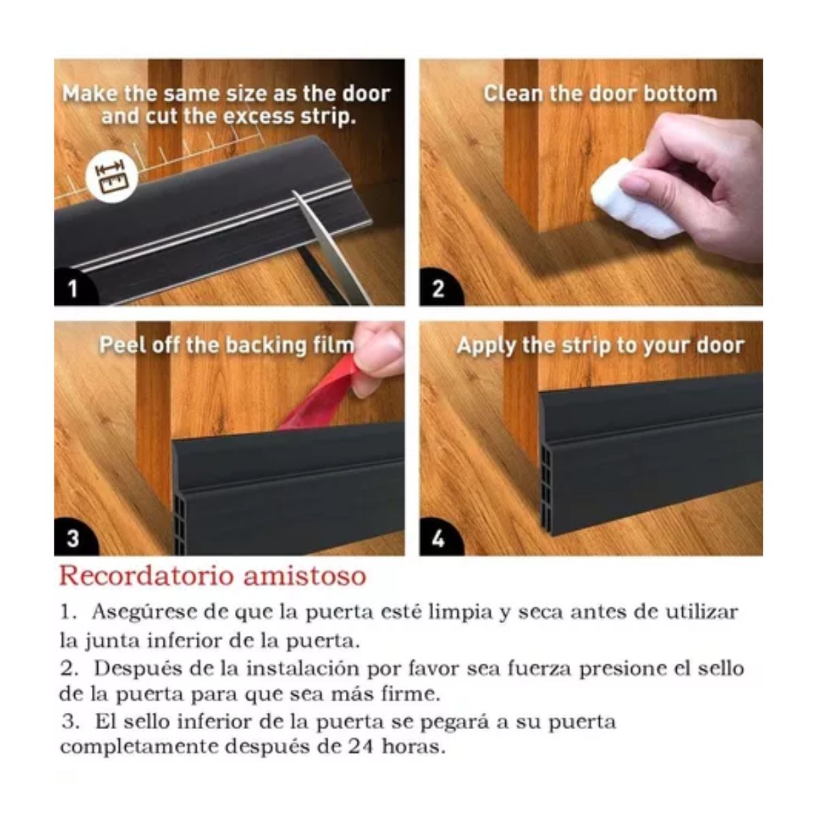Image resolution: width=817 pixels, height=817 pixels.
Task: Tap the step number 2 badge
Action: (x=438, y=289)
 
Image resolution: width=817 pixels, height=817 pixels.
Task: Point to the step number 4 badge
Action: (x=438, y=539)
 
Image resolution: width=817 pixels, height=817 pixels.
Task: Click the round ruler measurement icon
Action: (x=108, y=176)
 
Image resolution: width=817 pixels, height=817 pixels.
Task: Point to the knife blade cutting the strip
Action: (x=323, y=245)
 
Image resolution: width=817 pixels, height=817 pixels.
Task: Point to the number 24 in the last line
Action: (x=362, y=747)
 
